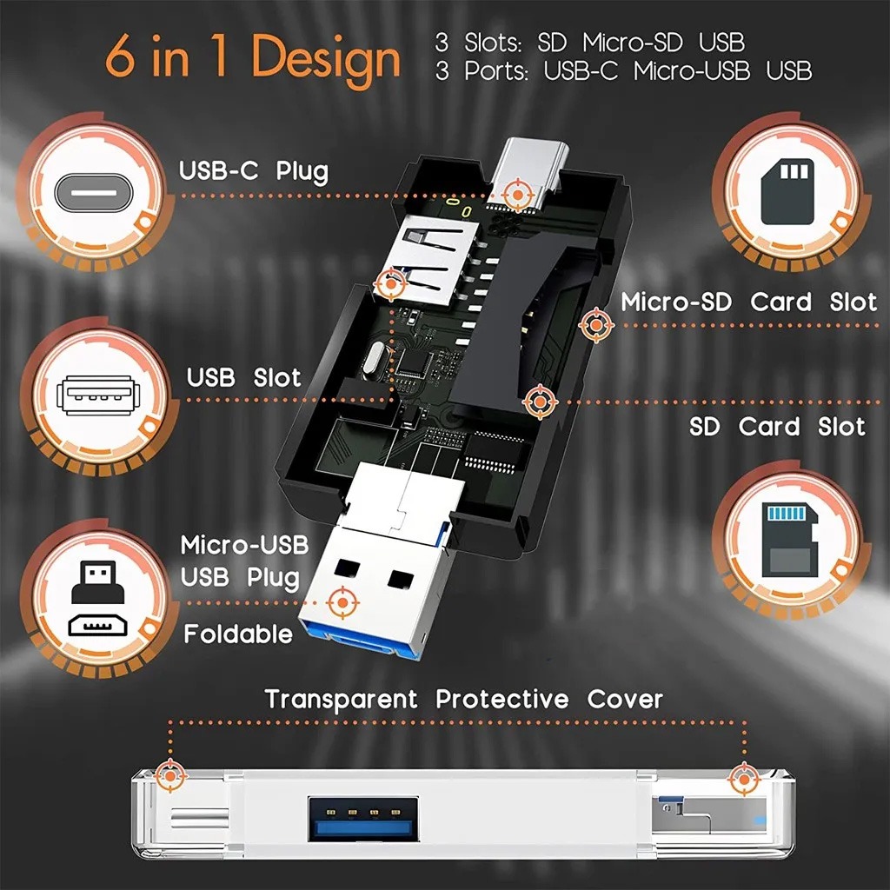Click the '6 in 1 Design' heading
tap(253, 58)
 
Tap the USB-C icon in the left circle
tap(93, 192)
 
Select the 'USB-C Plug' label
tap(254, 170)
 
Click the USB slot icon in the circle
tap(93, 396)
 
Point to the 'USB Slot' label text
tap(243, 378)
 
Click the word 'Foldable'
tap(237, 634)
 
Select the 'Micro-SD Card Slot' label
tap(748, 302)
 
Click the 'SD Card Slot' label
tap(777, 427)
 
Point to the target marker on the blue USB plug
tap(341, 601)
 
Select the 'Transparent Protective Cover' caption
tap(464, 699)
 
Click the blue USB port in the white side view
tap(360, 818)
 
